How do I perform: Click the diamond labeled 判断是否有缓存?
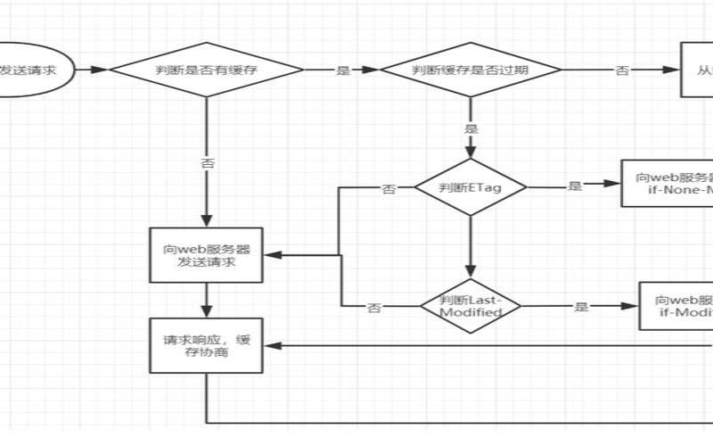coord(206,70)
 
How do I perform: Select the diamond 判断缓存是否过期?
coord(471,70)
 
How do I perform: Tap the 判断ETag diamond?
coord(471,187)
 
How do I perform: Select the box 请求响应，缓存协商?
coord(206,345)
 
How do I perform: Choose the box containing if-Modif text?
coord(676,306)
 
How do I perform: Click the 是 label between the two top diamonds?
coord(342,70)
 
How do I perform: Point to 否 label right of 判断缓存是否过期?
coord(622,70)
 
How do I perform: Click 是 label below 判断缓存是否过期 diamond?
coord(471,128)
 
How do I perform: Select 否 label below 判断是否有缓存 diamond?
coord(207,163)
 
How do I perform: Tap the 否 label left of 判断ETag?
coord(389,188)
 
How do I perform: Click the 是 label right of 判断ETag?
coord(574,186)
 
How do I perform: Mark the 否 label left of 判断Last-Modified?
coord(375,307)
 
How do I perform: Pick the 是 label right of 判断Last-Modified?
coord(582,307)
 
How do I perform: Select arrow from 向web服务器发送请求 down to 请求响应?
coord(206,299)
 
